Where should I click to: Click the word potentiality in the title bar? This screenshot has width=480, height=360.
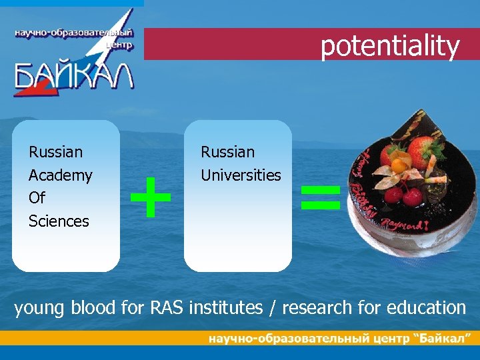[390, 46]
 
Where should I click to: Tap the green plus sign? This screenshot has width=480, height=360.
[150, 197]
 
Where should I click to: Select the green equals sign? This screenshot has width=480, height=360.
[321, 197]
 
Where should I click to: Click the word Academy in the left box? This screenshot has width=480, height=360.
[60, 175]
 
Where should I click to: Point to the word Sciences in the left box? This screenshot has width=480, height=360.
[59, 221]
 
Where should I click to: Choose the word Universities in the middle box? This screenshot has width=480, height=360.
[241, 175]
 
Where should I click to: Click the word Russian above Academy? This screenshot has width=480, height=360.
[56, 152]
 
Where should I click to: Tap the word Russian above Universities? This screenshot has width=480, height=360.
[228, 152]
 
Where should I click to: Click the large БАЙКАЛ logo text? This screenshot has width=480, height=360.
[73, 75]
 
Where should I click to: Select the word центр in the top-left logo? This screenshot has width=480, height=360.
[119, 45]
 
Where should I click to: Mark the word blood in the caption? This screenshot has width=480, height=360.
[94, 307]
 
